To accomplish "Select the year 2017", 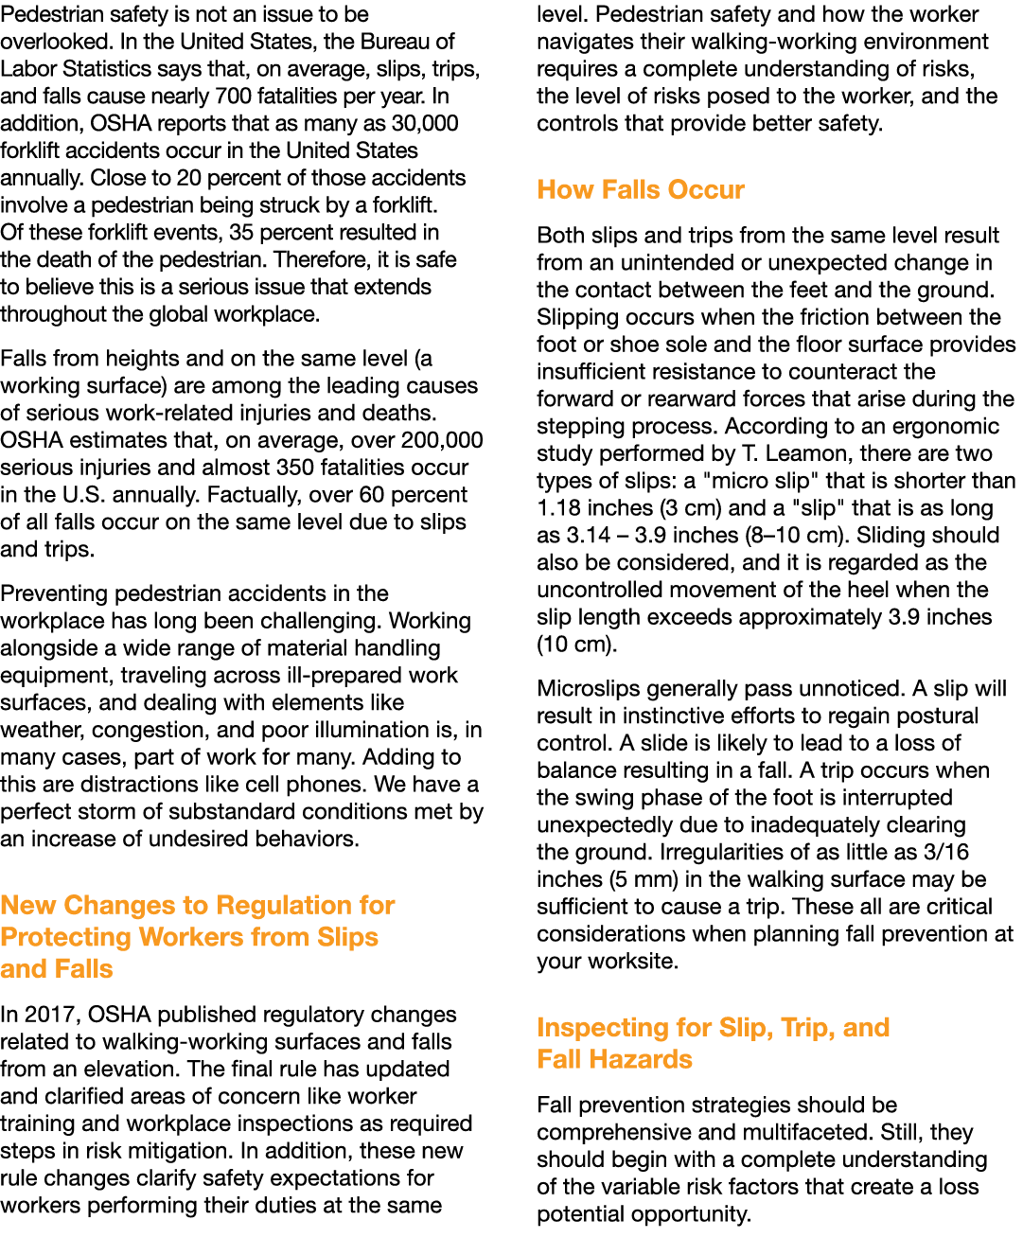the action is click(x=50, y=1014).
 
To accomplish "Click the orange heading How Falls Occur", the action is click(x=641, y=189).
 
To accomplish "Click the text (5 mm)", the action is click(x=643, y=879).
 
